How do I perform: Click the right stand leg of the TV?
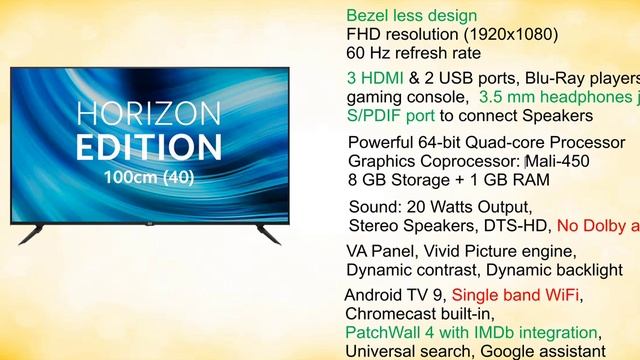(x=267, y=232)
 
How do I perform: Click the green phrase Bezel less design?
(x=411, y=16)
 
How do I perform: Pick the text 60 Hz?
(x=370, y=53)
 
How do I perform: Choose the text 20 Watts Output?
(x=462, y=207)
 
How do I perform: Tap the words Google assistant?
(x=542, y=351)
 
